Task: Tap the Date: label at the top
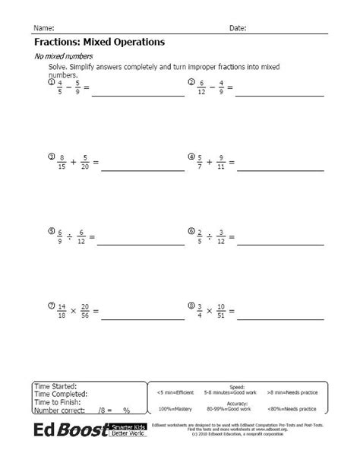238,27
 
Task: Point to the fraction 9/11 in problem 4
220,163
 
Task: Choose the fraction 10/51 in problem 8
221,312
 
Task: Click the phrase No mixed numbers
64,57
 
